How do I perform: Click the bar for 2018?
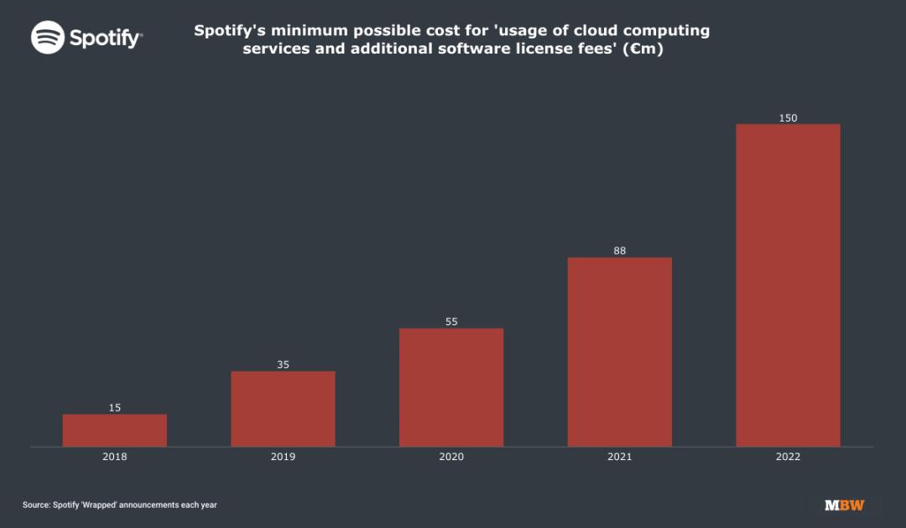115,430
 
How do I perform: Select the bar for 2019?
283,409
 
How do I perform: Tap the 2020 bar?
451,387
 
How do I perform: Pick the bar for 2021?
620,352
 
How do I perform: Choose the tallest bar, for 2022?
788,285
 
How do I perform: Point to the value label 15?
115,408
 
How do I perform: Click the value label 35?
283,365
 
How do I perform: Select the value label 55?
451,322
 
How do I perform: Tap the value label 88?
620,251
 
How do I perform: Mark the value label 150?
788,118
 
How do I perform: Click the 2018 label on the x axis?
115,457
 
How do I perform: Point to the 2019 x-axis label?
283,457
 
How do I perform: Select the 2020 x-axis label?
451,457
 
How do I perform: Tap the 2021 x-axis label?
620,457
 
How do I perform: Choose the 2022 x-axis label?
788,457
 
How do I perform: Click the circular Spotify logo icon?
48,38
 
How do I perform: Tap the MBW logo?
844,505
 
